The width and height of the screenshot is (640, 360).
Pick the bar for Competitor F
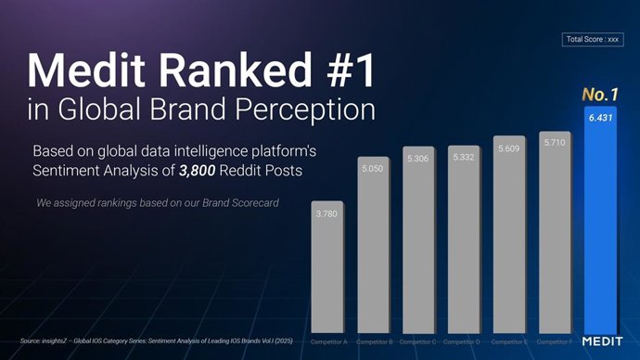pyautogui.click(x=554, y=232)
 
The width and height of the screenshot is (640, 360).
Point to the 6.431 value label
pyautogui.click(x=599, y=118)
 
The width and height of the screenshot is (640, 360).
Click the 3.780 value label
pyautogui.click(x=326, y=214)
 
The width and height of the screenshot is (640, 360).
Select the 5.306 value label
pyautogui.click(x=417, y=159)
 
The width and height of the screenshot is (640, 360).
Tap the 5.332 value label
pyautogui.click(x=463, y=158)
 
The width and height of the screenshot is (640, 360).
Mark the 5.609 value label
pyautogui.click(x=508, y=148)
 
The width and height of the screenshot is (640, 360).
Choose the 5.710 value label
pyautogui.click(x=554, y=143)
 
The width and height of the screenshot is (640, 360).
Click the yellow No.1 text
pyautogui.click(x=599, y=95)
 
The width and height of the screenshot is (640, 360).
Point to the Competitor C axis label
pyautogui.click(x=418, y=342)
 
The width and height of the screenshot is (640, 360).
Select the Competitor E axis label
pyautogui.click(x=509, y=342)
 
